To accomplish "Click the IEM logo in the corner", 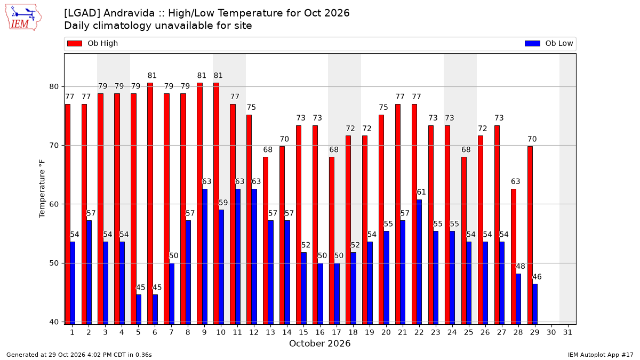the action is (23, 18).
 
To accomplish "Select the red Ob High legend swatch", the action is (75, 43).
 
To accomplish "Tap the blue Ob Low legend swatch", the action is (532, 43).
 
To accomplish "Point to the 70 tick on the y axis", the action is (54, 146).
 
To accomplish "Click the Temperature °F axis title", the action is (42, 189).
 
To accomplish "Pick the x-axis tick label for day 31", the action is (567, 332).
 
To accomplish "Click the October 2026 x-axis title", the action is (319, 343).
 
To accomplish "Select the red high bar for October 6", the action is (150, 204).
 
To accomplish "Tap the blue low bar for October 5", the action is (139, 310).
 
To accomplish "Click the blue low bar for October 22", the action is (419, 262).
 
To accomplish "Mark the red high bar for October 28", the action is (514, 257).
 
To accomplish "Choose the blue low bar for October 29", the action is (535, 305).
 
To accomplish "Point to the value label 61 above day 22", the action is (421, 192).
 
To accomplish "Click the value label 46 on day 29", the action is (537, 277).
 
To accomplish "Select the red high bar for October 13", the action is (266, 241).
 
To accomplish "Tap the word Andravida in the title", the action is (129, 13).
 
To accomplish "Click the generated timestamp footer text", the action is (79, 355).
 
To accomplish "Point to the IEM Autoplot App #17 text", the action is (601, 355).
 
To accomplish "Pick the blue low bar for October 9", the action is (205, 257).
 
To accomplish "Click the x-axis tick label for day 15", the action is (303, 332).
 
